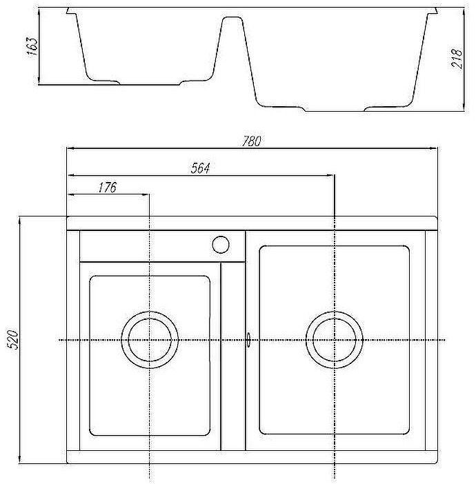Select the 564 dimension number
coord(200,168)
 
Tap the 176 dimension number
coord(108,187)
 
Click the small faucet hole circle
coord(221,244)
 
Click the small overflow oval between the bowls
coord(248,340)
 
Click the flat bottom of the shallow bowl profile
coord(148,83)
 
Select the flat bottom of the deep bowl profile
coord(335,108)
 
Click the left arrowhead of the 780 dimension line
coord(69,148)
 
